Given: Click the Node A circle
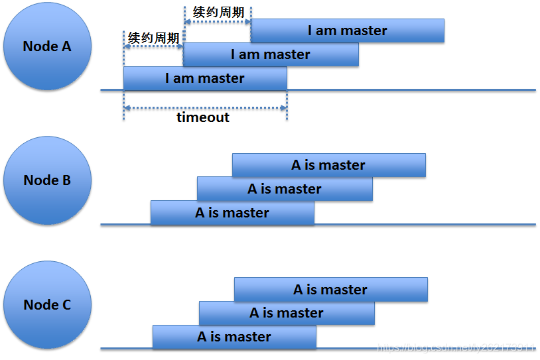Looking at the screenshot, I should coord(46,47).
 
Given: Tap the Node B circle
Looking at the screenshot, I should coord(46,180).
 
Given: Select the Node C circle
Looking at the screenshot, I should coord(46,305).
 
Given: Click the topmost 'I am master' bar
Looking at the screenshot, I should coord(347,30).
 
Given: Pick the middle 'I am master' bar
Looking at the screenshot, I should coord(271,54).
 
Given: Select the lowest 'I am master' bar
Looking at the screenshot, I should coord(205,78).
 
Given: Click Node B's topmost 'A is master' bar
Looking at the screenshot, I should coord(328,165).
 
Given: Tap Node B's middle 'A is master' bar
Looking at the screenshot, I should coord(285,189).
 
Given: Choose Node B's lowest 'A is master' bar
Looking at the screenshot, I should coord(232,213).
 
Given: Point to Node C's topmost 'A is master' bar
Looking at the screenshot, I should coord(330,290).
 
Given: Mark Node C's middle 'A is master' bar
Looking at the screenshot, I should coord(287,313).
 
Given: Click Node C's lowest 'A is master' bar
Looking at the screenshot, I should coord(234,337).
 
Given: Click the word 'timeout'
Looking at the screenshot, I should coord(203,117).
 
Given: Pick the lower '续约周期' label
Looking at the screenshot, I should coord(153,38).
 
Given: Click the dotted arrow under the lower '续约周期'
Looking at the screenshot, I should coord(153,48).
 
